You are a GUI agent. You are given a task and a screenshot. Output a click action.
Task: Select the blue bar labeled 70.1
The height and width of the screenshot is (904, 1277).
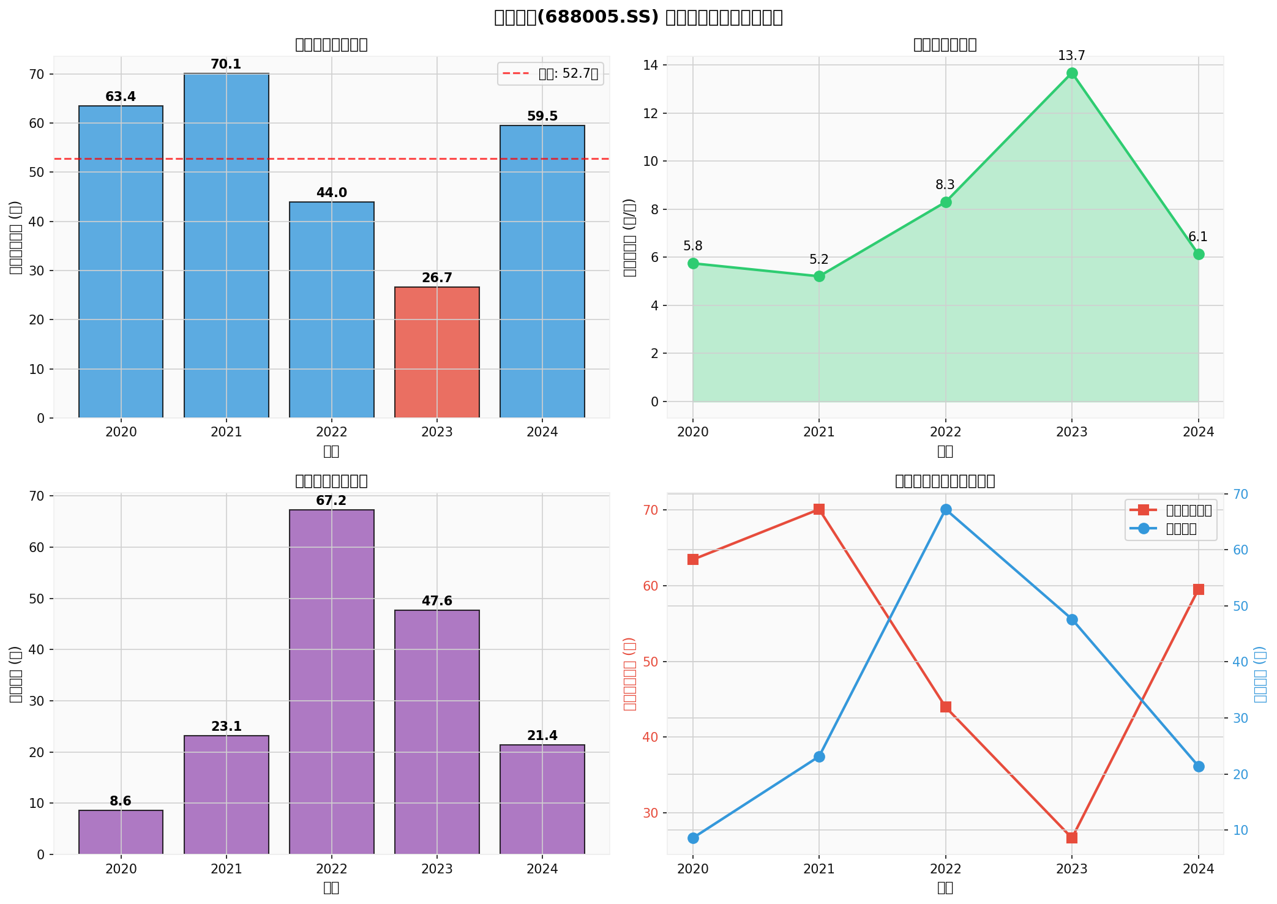226,245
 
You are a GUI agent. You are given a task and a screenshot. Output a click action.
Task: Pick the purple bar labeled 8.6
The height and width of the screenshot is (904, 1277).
121,832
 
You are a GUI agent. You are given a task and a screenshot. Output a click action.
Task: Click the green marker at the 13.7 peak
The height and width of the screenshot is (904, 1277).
1071,73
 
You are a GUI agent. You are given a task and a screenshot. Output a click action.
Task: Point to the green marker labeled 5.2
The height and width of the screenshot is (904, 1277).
819,277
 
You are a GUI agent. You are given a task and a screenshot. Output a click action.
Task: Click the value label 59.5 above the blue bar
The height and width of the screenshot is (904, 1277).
542,116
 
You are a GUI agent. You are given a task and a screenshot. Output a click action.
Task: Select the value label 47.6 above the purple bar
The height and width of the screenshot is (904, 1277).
436,601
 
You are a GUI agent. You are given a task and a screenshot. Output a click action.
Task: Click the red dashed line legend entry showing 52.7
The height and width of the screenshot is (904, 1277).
550,75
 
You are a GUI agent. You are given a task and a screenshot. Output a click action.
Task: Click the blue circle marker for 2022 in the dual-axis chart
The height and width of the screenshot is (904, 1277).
945,510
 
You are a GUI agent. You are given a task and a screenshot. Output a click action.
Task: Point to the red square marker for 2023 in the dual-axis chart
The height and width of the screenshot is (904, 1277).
1071,838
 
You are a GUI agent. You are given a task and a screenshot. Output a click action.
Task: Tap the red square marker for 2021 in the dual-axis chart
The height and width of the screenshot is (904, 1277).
819,510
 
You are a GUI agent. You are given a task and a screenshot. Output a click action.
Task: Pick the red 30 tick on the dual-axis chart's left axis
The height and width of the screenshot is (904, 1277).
649,813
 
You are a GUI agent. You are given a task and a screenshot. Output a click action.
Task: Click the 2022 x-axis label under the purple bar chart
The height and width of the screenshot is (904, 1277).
331,869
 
